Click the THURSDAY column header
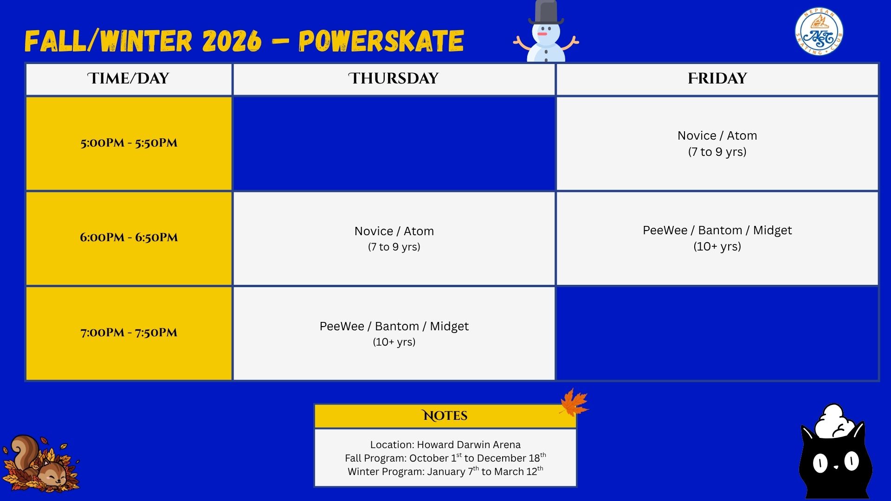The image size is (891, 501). pyautogui.click(x=394, y=78)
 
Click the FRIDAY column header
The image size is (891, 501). pyautogui.click(x=717, y=78)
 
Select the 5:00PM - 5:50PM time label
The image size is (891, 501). pyautogui.click(x=129, y=143)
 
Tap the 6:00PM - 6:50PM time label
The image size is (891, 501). pyautogui.click(x=129, y=238)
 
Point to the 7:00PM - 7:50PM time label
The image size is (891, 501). pyautogui.click(x=129, y=333)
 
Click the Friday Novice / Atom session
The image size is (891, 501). pyautogui.click(x=717, y=143)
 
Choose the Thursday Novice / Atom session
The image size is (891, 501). pyautogui.click(x=394, y=238)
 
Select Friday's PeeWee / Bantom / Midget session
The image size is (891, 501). pyautogui.click(x=717, y=238)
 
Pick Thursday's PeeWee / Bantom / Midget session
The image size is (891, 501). pyautogui.click(x=394, y=334)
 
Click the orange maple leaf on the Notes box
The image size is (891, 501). pyautogui.click(x=574, y=402)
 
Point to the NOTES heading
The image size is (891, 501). pyautogui.click(x=445, y=416)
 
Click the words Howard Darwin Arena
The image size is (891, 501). pyautogui.click(x=469, y=444)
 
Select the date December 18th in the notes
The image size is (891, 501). pyautogui.click(x=511, y=458)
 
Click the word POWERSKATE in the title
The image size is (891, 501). pyautogui.click(x=381, y=41)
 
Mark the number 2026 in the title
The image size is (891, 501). pyautogui.click(x=232, y=41)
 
